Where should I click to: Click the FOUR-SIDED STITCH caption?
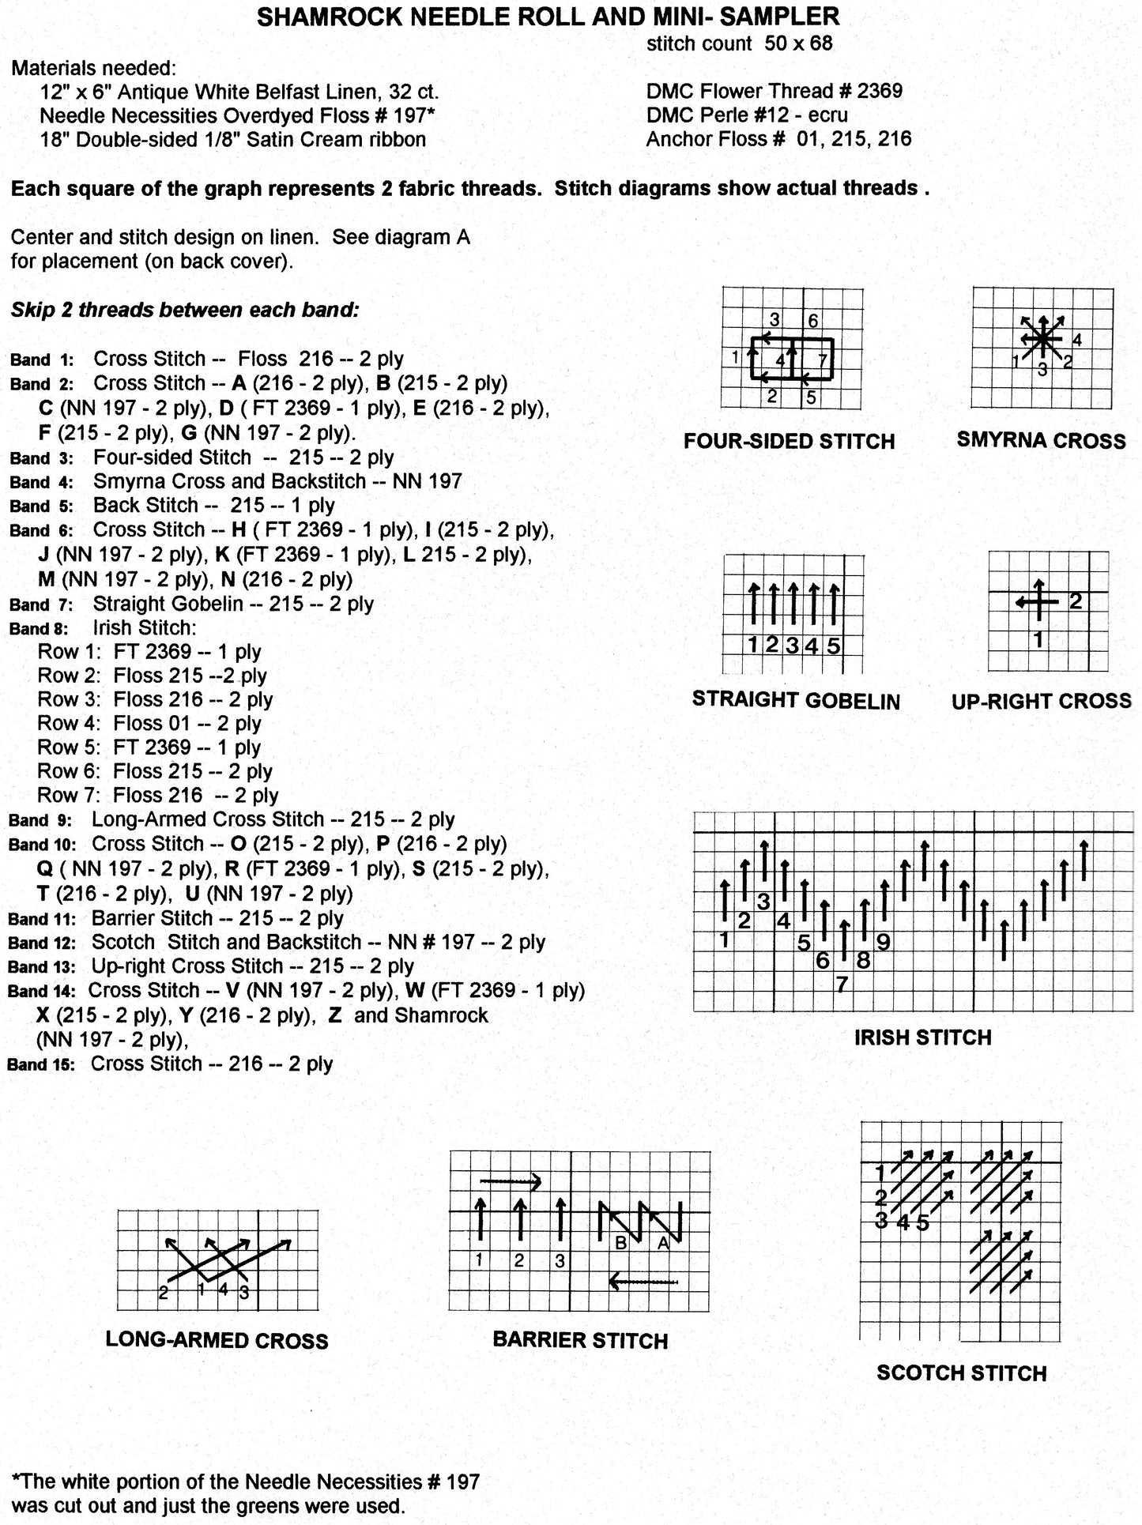pyautogui.click(x=789, y=441)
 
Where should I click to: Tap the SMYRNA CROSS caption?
pyautogui.click(x=1041, y=440)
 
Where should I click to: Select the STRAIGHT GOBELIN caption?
pyautogui.click(x=796, y=701)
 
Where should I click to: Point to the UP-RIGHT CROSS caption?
pyautogui.click(x=1041, y=701)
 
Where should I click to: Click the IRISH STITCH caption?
pyautogui.click(x=922, y=1037)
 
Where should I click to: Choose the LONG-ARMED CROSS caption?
pyautogui.click(x=217, y=1340)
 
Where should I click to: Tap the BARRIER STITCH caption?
pyautogui.click(x=580, y=1340)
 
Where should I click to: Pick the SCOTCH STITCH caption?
pyautogui.click(x=961, y=1373)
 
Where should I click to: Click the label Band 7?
pyautogui.click(x=41, y=605)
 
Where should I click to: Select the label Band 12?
pyautogui.click(x=41, y=943)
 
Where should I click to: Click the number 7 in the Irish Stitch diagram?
pyautogui.click(x=842, y=985)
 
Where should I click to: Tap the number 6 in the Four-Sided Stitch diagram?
pyautogui.click(x=813, y=321)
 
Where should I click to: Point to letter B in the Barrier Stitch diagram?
pyautogui.click(x=621, y=1243)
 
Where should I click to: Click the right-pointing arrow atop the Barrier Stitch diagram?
pyautogui.click(x=511, y=1182)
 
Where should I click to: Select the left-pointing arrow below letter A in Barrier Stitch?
pyautogui.click(x=644, y=1282)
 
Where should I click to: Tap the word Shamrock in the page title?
pyautogui.click(x=323, y=16)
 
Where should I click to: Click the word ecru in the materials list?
pyautogui.click(x=826, y=115)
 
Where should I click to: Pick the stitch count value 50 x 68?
pyautogui.click(x=798, y=43)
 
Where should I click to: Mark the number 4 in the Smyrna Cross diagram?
pyautogui.click(x=1076, y=341)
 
